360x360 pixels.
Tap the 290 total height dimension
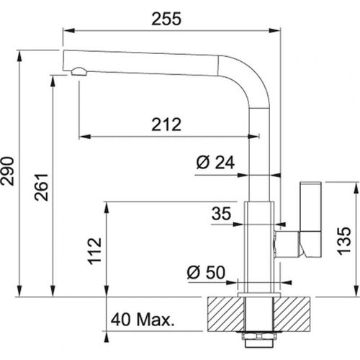(x=9, y=172)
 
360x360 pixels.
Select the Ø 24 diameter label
(x=215, y=163)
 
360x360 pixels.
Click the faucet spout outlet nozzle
(x=78, y=70)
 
